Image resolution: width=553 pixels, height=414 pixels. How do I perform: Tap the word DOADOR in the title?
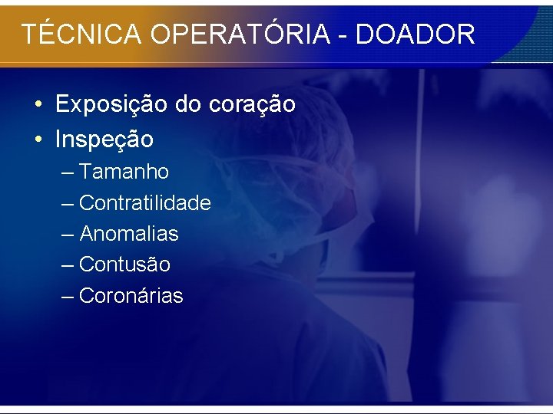[x=416, y=34]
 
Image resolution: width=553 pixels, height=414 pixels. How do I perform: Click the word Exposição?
[x=112, y=104]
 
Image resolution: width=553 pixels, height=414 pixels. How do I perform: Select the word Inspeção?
[x=104, y=140]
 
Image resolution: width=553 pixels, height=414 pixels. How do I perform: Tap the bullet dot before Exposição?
[x=37, y=104]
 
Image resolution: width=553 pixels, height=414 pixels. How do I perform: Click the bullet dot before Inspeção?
[x=37, y=140]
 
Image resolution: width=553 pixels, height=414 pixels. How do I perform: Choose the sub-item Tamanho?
[x=124, y=172]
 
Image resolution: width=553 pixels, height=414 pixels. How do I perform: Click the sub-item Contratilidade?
[x=144, y=203]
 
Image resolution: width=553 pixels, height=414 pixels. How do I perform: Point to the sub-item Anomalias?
[x=128, y=234]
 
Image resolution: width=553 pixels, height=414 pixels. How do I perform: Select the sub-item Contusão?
[x=124, y=264]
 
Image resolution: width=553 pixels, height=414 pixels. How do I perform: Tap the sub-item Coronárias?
[x=131, y=296]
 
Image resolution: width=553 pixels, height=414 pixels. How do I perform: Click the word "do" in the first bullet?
[x=187, y=104]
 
